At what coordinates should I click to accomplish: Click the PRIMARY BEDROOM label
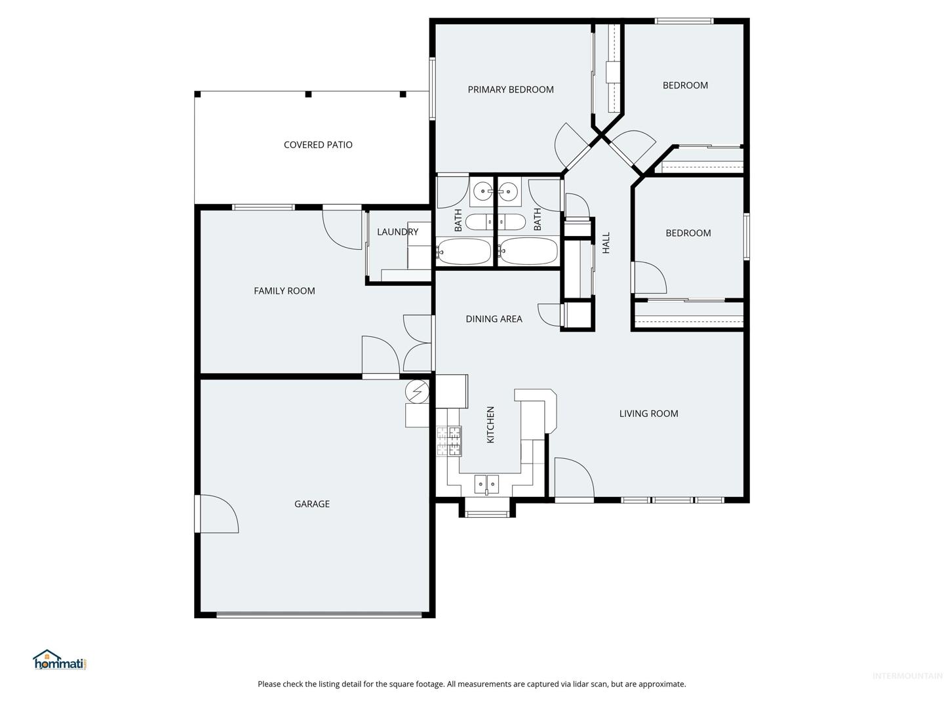[x=511, y=89]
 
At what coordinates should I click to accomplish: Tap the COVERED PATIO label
[x=318, y=145]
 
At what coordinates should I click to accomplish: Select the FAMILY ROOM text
[x=285, y=291]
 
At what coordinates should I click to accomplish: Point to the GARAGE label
[x=312, y=504]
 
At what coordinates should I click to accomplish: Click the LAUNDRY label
[x=397, y=232]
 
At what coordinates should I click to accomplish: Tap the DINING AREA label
[x=494, y=319]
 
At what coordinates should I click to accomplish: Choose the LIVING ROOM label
[x=648, y=414]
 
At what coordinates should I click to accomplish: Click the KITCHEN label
[x=490, y=425]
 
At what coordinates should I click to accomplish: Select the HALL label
[x=606, y=243]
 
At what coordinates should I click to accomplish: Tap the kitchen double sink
[x=486, y=484]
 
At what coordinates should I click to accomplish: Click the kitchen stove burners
[x=449, y=441]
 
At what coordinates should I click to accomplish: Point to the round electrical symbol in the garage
[x=417, y=391]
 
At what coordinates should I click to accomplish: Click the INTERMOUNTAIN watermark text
[x=907, y=676]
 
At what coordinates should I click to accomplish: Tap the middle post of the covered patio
[x=308, y=94]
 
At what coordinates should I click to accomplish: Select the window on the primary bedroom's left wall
[x=432, y=88]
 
